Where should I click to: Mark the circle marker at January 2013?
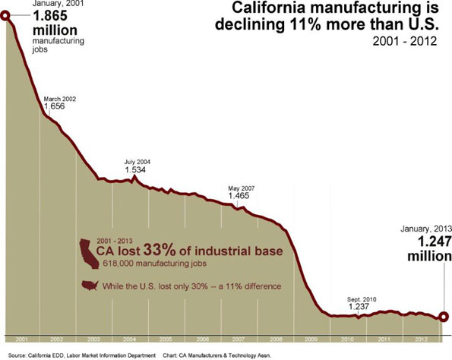(444, 317)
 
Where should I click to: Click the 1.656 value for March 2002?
(55, 107)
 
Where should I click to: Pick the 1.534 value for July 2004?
(136, 170)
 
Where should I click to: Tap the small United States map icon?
(90, 286)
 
